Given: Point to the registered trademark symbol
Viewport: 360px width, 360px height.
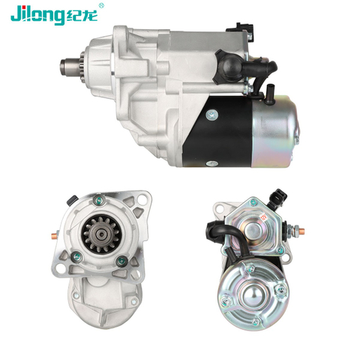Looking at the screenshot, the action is pos(101,5).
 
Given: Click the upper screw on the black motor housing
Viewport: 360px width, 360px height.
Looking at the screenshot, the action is pos(212,115).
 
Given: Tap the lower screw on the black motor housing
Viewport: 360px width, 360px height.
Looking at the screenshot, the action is pos(212,163).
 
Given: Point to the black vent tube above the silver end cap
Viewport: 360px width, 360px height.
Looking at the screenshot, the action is pos(269,94).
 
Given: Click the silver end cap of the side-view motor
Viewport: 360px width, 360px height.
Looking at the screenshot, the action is pos(275,131).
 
